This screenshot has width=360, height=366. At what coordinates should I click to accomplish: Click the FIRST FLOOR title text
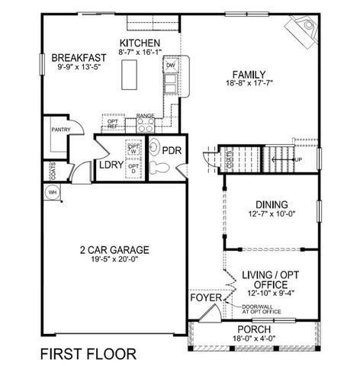point(88,354)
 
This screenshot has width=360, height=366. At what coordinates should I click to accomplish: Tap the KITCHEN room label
point(139,43)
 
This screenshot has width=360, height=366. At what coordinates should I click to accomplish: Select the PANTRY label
point(60,130)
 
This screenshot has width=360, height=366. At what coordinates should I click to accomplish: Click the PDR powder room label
point(172,150)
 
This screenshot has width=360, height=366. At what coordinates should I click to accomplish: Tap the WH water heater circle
point(53,192)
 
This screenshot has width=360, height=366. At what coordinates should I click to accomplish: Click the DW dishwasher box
point(170,66)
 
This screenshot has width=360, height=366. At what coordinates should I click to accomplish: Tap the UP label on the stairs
point(297,159)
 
